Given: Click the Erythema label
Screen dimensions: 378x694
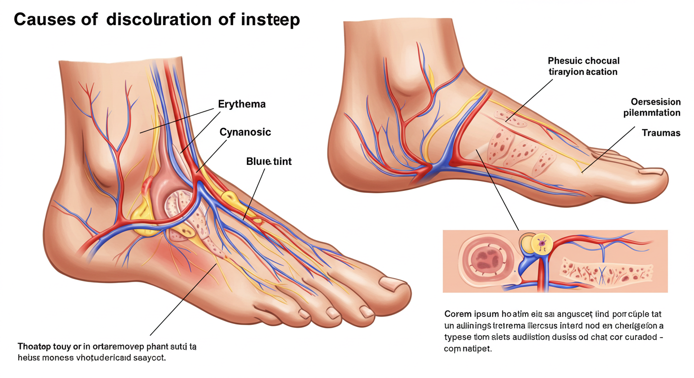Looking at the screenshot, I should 242,104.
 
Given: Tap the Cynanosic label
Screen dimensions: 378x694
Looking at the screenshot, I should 245,132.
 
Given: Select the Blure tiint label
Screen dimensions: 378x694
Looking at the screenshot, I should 268,161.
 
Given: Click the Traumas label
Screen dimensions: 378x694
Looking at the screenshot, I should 661,133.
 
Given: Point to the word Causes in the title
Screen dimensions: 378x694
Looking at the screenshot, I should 45,20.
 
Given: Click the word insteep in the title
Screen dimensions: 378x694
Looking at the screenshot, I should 270,20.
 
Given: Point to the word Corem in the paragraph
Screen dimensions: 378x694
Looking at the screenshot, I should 457,314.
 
